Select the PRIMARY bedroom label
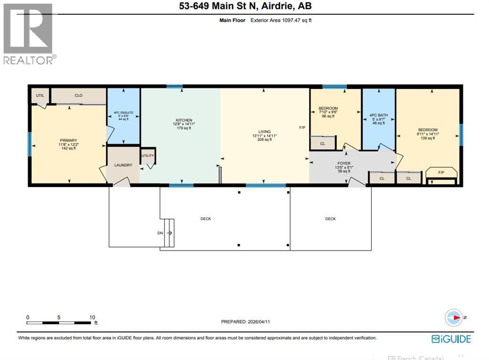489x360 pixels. click(68, 140)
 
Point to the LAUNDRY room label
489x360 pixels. click(123, 165)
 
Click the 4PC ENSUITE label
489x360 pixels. click(123, 113)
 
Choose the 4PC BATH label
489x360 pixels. click(378, 115)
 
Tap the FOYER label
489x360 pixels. click(344, 163)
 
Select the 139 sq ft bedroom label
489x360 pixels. click(427, 130)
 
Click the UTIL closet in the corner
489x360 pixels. click(40, 95)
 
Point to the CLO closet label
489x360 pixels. click(79, 95)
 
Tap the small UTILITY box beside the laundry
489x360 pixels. click(148, 156)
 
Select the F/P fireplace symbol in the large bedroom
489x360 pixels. click(441, 173)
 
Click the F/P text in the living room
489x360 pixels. click(302, 128)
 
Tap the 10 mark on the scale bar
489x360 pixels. click(92, 317)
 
